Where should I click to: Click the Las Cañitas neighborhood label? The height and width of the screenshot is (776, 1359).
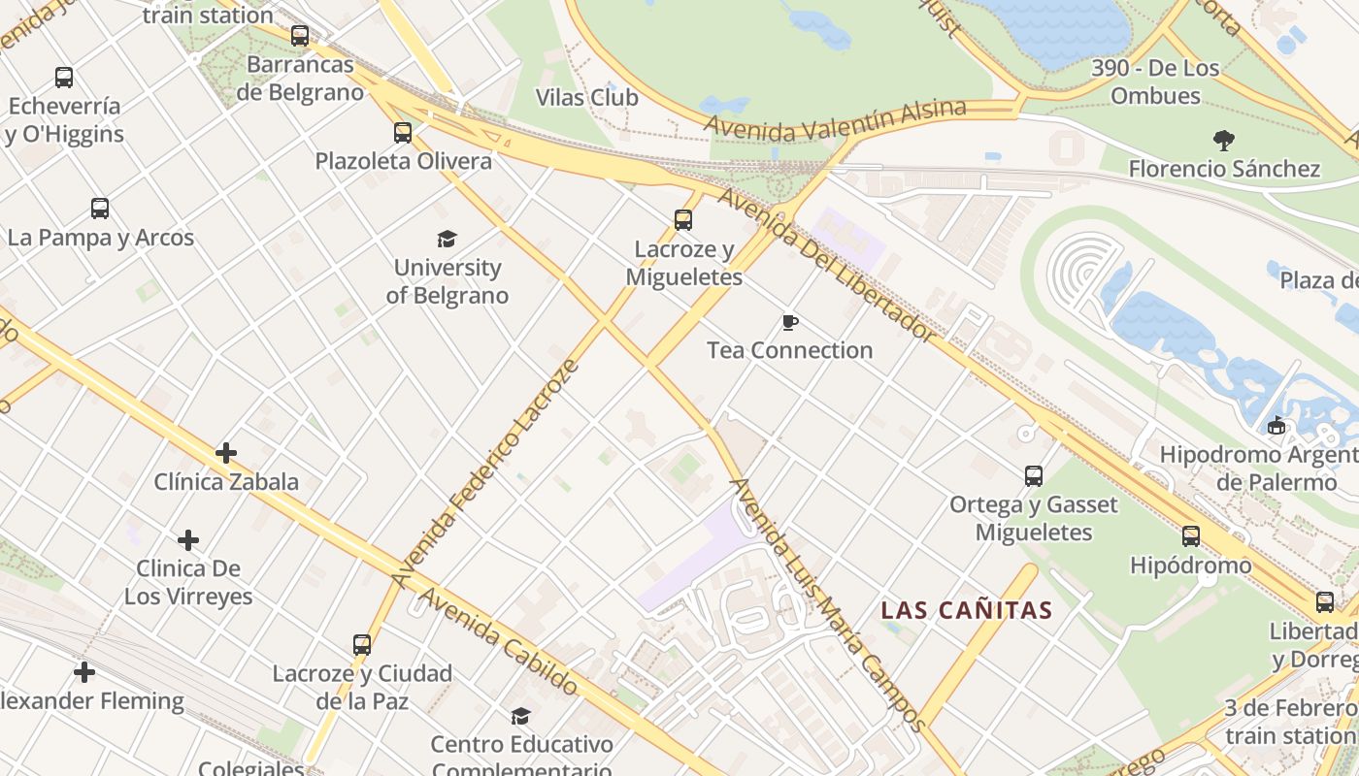pos(966,610)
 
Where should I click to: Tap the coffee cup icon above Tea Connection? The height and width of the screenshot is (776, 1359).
pos(790,322)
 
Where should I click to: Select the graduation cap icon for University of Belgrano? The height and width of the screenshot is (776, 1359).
pos(447,239)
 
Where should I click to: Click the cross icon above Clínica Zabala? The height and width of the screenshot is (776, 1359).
pos(226,453)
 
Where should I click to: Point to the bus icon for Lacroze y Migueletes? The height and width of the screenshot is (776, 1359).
pos(683,220)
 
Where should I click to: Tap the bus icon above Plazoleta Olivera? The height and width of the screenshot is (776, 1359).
pos(403,133)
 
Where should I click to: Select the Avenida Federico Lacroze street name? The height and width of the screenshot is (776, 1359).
pos(485,473)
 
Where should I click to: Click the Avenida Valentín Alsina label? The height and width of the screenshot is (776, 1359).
pos(835,118)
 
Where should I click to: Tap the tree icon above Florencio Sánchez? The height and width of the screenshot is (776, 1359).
pos(1224,141)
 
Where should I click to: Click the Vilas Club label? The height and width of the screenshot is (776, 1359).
pos(587,97)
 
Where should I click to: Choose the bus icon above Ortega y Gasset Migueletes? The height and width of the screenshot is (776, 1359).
pos(1034,476)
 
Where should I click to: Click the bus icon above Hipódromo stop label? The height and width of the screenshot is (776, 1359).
pos(1191,536)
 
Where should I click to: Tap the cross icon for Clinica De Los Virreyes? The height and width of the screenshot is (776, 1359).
pos(188,540)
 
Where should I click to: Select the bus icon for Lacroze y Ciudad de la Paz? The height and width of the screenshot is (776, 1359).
pos(362,645)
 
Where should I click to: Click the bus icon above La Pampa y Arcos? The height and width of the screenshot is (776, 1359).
pos(100,209)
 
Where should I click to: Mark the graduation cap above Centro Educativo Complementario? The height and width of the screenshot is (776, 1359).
pos(521,717)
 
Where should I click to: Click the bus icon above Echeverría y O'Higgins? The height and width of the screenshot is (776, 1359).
pos(64,78)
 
